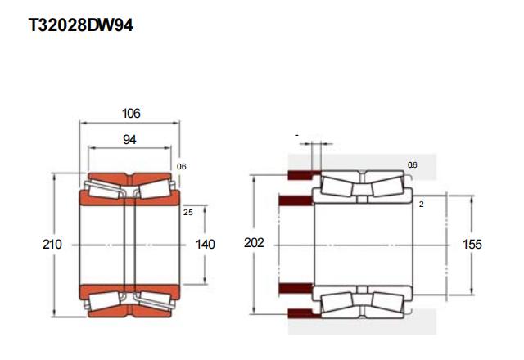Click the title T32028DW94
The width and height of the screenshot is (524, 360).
tap(81, 25)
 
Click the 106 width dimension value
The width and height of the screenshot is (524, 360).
tap(131, 114)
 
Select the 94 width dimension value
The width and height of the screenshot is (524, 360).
tap(129, 140)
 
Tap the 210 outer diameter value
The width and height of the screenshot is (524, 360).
tap(52, 245)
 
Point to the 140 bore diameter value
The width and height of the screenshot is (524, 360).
tap(206, 245)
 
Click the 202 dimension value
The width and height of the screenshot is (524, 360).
tap(254, 243)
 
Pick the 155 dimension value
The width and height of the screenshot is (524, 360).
tap(472, 245)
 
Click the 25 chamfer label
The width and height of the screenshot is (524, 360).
tap(188, 213)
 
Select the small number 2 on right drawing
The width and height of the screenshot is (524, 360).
tap(422, 205)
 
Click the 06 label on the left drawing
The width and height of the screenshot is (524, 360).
tap(182, 166)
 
